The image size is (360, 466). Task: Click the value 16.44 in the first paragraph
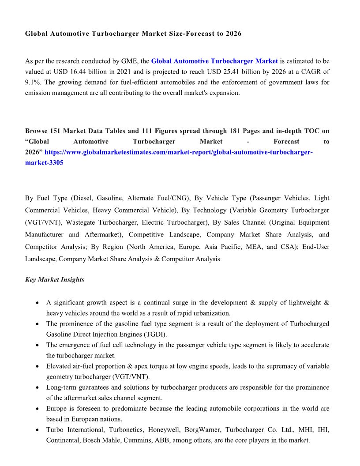coord(94,72)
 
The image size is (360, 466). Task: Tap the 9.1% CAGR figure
coord(33,83)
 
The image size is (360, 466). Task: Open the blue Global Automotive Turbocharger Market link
coord(214,61)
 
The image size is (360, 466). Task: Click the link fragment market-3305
coord(44,163)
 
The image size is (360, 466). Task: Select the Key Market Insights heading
coord(55,280)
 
